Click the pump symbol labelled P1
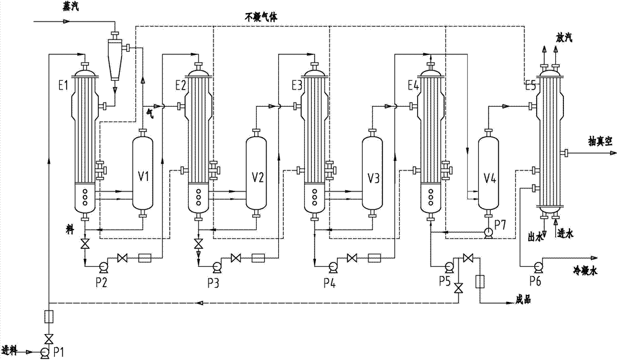tap(44, 353)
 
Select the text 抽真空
tap(597, 141)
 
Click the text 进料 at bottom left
tap(11, 352)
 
